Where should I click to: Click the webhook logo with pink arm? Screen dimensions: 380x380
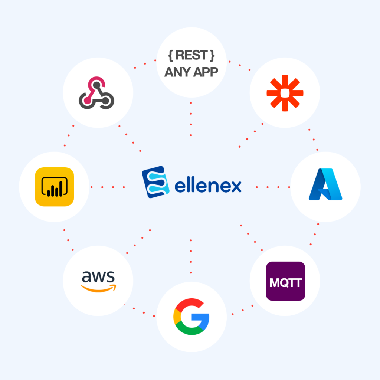96,93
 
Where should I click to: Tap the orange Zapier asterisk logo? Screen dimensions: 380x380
285,93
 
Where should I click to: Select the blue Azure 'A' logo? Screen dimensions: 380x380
325,184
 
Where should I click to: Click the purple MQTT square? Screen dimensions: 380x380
285,281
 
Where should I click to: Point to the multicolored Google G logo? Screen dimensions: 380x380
191,317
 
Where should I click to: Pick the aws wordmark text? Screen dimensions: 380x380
98,276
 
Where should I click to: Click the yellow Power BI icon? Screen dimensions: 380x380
55,187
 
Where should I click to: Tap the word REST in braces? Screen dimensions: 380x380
191,55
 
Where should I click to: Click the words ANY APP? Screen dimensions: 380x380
191,72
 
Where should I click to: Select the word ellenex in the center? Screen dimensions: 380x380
208,186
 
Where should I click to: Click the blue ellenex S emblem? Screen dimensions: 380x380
155,182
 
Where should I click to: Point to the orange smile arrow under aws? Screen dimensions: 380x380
98,288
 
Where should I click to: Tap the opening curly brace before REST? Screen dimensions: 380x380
171,56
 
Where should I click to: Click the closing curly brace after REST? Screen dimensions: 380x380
212,56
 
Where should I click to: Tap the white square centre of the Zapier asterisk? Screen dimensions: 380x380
285,93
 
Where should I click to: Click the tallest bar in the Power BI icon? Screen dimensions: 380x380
60,189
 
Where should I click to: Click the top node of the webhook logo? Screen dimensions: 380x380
97,85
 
